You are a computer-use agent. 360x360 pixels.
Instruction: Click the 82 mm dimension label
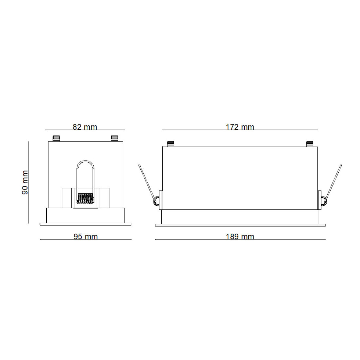tap(85, 127)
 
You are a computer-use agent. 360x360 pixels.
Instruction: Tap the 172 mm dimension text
tap(240, 127)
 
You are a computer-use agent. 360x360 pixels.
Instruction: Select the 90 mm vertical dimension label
tap(25, 182)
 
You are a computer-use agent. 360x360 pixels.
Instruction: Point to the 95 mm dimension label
tap(85, 237)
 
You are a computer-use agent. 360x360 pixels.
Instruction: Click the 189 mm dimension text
tap(240, 237)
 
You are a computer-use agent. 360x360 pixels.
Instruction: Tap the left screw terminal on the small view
tap(56, 139)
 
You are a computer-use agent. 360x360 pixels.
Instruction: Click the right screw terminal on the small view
tap(114, 139)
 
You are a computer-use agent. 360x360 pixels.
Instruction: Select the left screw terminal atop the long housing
tap(171, 144)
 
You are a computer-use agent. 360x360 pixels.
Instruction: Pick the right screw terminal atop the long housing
tap(310, 144)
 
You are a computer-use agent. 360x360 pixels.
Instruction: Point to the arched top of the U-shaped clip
tap(85, 162)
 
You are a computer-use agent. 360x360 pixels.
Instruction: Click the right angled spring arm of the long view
tap(334, 182)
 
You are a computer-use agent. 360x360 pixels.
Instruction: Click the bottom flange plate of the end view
tap(85, 224)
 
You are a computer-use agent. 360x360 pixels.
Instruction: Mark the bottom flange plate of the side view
tap(240, 225)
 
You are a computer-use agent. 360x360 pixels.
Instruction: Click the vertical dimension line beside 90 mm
tap(28, 182)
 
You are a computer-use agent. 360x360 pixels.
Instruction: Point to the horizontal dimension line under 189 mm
tap(240, 239)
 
